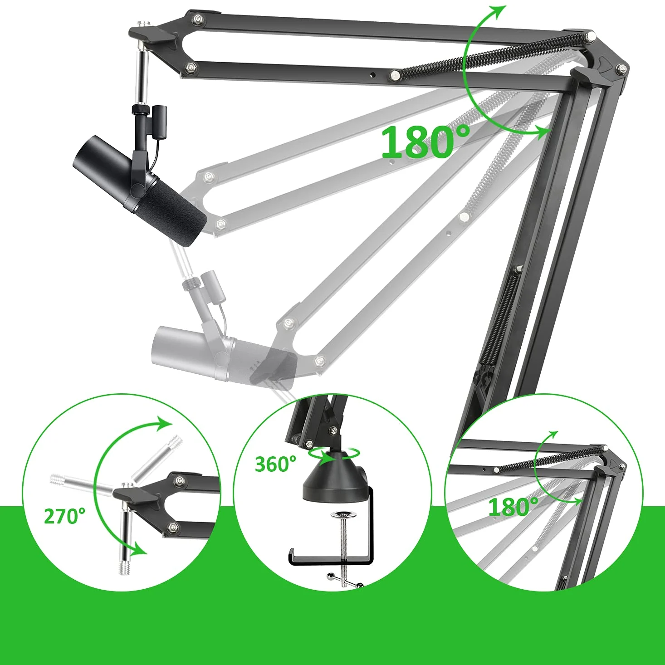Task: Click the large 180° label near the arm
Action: [425, 142]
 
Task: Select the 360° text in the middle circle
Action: [275, 464]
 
